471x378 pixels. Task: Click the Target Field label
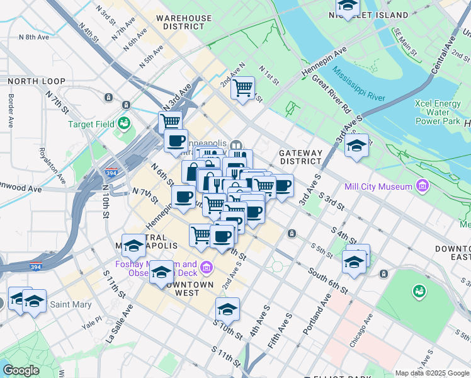91,124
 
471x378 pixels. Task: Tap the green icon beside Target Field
123,122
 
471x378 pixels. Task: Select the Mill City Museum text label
378,186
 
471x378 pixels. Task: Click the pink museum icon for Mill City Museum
422,186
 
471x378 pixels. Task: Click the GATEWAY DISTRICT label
300,157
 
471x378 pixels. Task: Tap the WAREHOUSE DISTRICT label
184,23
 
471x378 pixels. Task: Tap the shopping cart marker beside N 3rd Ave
170,121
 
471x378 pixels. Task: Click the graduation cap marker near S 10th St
227,308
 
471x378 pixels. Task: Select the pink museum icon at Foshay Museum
205,270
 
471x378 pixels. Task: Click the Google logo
21,370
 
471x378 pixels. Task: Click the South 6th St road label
327,280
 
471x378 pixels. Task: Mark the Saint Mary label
69,305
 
